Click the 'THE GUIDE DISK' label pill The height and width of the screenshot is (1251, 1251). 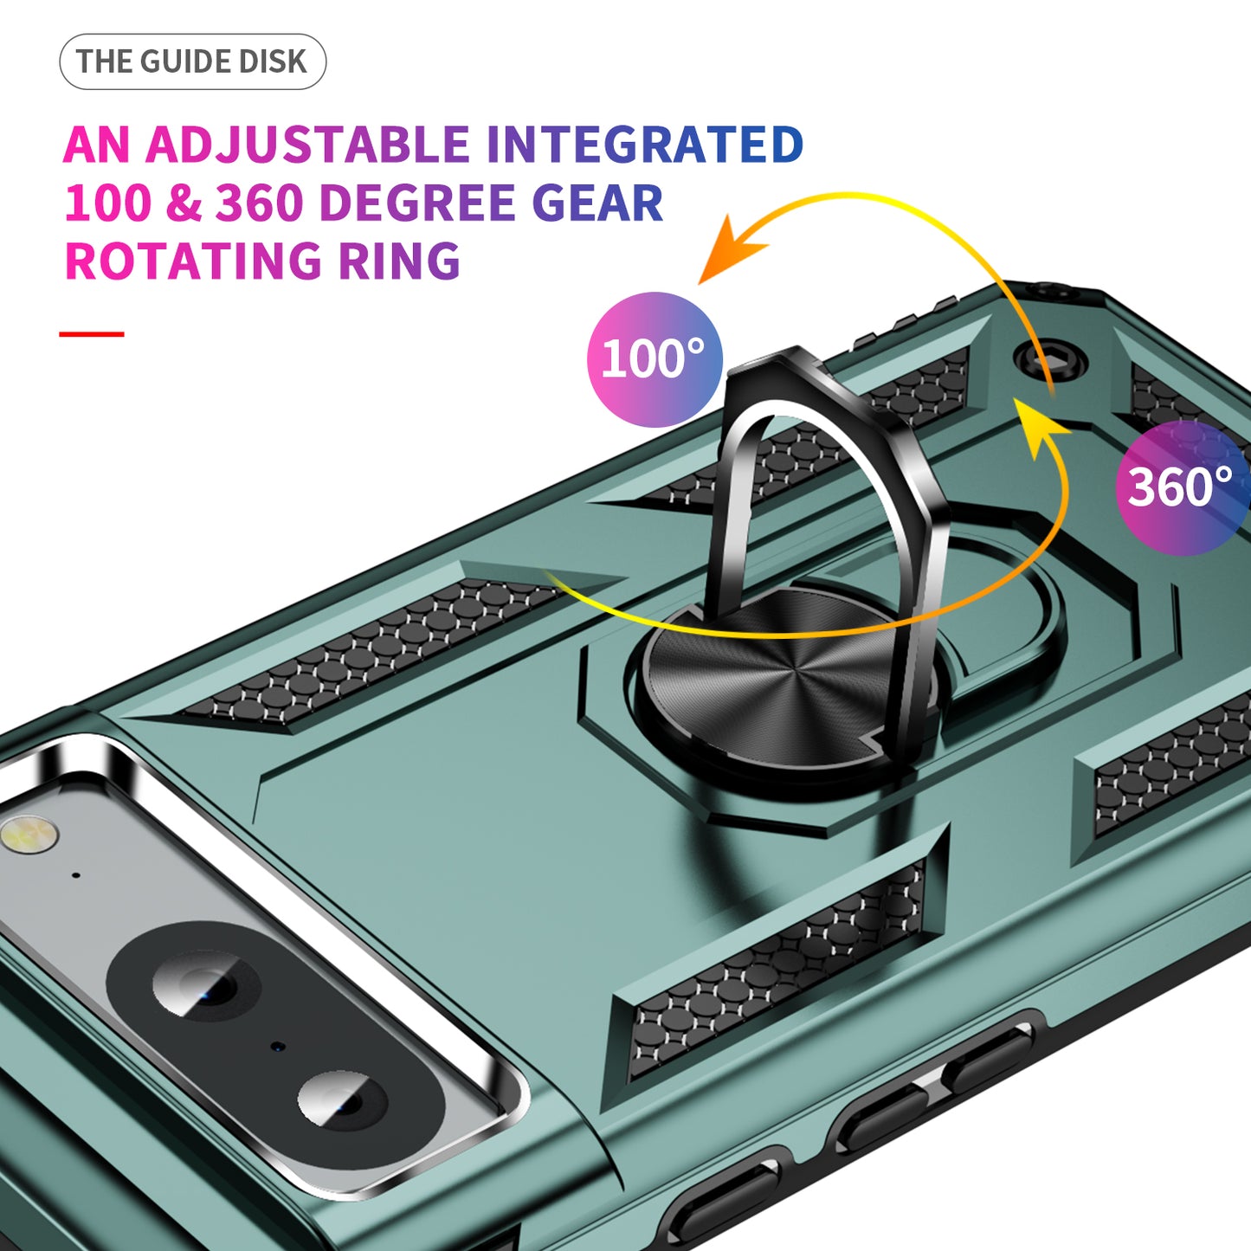coord(192,62)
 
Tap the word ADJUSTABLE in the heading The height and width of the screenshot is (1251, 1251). coord(307,145)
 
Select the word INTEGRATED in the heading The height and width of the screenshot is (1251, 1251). coord(644,145)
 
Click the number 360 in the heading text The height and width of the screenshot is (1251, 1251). coord(259,203)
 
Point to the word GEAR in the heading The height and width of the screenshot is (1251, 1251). coord(596,203)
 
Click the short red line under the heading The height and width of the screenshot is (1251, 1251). coord(92,333)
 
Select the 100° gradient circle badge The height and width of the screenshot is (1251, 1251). coord(655,359)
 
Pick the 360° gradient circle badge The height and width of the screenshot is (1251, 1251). coord(1181,487)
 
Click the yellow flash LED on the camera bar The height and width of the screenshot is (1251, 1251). coord(29,836)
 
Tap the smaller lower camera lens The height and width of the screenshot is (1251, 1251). coord(342,1099)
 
